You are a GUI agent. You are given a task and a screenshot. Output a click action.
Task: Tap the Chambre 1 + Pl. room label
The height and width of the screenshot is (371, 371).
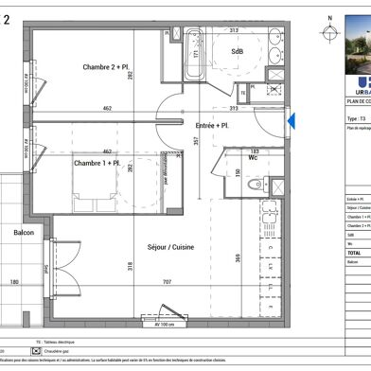click(97, 164)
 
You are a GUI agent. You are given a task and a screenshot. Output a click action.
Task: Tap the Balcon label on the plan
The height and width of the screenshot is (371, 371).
click(25, 231)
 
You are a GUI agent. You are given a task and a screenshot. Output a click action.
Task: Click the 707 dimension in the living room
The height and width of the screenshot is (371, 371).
click(168, 282)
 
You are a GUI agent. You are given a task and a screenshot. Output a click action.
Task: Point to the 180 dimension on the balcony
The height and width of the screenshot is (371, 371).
click(14, 282)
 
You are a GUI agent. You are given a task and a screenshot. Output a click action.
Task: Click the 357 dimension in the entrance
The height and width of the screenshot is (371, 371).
click(196, 142)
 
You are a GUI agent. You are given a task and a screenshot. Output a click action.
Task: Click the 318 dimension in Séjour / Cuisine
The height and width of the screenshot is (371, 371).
click(131, 267)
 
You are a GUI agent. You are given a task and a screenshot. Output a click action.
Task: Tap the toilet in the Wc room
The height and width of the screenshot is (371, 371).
click(254, 185)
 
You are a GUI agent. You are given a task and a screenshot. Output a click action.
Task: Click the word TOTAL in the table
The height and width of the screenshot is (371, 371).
click(355, 254)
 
